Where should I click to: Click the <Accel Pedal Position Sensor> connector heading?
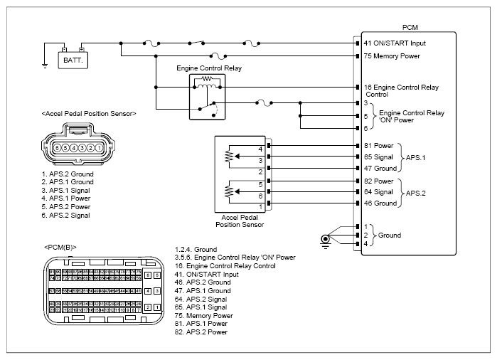pos(90,113)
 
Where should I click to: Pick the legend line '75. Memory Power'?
pos(204,315)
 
